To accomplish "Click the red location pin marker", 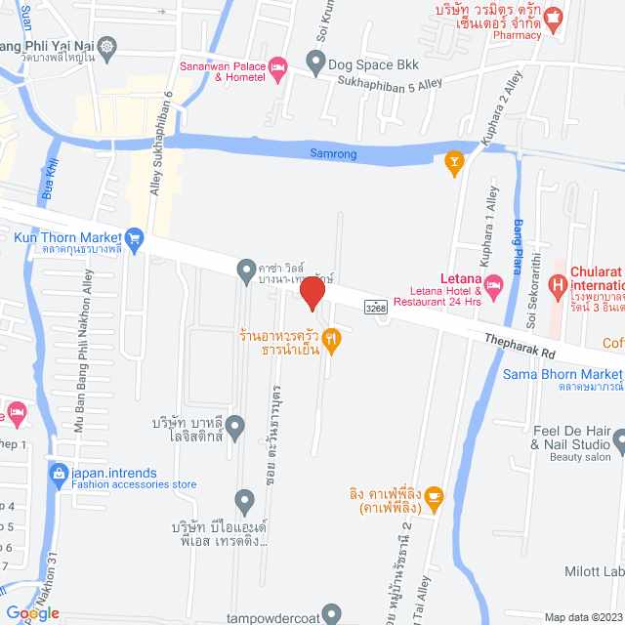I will [312, 294].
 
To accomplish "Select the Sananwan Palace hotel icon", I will [277, 66].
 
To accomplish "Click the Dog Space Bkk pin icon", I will [315, 63].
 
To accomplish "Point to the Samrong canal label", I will [333, 154].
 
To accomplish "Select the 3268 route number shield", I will [376, 308].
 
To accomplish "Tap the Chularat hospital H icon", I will [558, 286].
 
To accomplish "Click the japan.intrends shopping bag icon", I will [58, 448].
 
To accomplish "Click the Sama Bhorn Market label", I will [562, 374].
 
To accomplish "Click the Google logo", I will [31, 613].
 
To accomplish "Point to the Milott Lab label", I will [594, 572].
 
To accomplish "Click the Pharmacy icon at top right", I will [554, 17].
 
